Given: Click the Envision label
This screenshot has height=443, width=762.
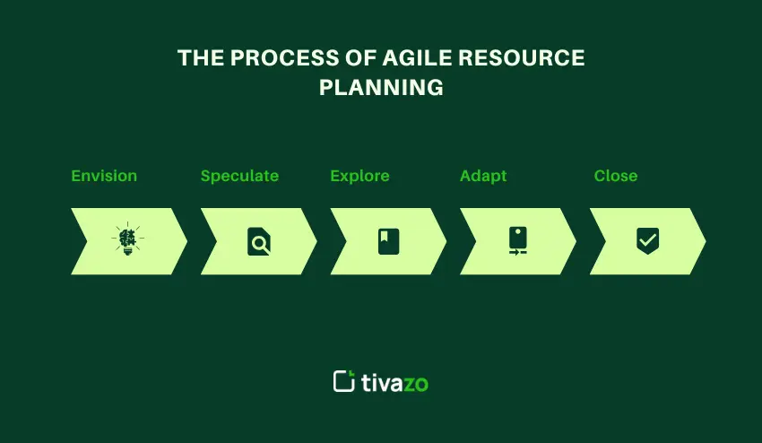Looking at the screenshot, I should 104,176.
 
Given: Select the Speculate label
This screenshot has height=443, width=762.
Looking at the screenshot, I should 239,176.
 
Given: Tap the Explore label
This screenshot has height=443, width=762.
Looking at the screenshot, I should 359,176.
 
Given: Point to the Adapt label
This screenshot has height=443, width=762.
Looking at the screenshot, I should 483,176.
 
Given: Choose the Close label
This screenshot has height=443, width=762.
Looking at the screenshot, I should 616,176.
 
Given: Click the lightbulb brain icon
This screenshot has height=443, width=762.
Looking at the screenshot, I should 128,240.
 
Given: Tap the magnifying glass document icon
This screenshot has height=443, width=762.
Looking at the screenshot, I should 258,241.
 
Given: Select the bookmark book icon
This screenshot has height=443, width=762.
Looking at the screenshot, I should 388,241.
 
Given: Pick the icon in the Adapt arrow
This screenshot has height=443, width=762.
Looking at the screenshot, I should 517,241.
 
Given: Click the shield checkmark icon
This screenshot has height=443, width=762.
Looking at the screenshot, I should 647,240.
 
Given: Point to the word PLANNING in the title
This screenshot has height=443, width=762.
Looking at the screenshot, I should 381,88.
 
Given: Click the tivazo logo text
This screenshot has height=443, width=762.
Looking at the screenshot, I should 395,383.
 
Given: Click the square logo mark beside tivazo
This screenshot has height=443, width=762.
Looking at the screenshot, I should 344,381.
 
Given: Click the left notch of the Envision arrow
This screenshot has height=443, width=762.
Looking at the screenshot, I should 88,241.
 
